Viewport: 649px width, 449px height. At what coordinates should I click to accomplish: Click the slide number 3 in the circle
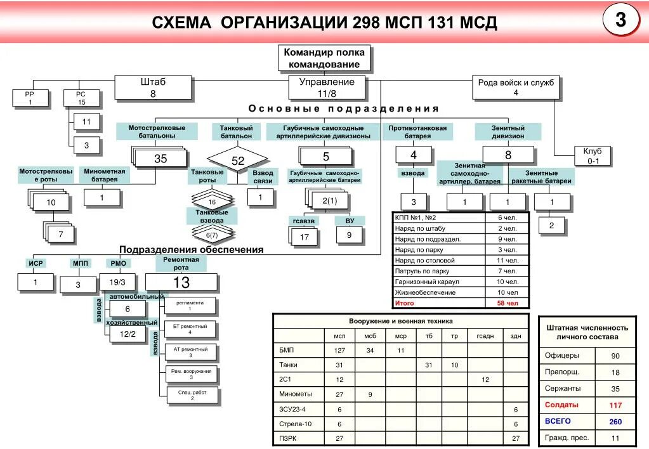pyautogui.click(x=621, y=20)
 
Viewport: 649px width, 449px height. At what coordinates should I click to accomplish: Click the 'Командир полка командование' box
pyautogui.click(x=324, y=58)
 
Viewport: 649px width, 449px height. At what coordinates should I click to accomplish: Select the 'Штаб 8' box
pyautogui.click(x=153, y=88)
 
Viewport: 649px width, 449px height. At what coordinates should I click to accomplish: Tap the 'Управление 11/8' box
pyautogui.click(x=327, y=88)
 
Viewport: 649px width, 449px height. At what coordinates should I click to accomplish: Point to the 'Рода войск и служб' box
pyautogui.click(x=516, y=88)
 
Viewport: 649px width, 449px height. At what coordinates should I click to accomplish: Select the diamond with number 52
pyautogui.click(x=237, y=161)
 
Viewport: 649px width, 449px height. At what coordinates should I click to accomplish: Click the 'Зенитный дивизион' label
pyautogui.click(x=508, y=132)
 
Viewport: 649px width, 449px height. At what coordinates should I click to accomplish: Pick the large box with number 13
pyautogui.click(x=181, y=282)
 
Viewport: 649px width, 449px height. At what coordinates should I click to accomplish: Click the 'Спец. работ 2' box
pyautogui.click(x=192, y=396)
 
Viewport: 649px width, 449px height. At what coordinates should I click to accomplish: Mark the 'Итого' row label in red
pyautogui.click(x=405, y=304)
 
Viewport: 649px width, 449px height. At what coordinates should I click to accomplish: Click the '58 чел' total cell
pyautogui.click(x=508, y=304)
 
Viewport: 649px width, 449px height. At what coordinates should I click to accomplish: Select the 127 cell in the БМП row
pyautogui.click(x=339, y=350)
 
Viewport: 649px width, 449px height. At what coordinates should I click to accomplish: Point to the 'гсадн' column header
pyautogui.click(x=485, y=335)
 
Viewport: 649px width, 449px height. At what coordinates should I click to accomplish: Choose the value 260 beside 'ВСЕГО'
pyautogui.click(x=615, y=421)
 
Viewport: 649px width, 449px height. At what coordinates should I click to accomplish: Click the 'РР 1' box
pyautogui.click(x=30, y=98)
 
